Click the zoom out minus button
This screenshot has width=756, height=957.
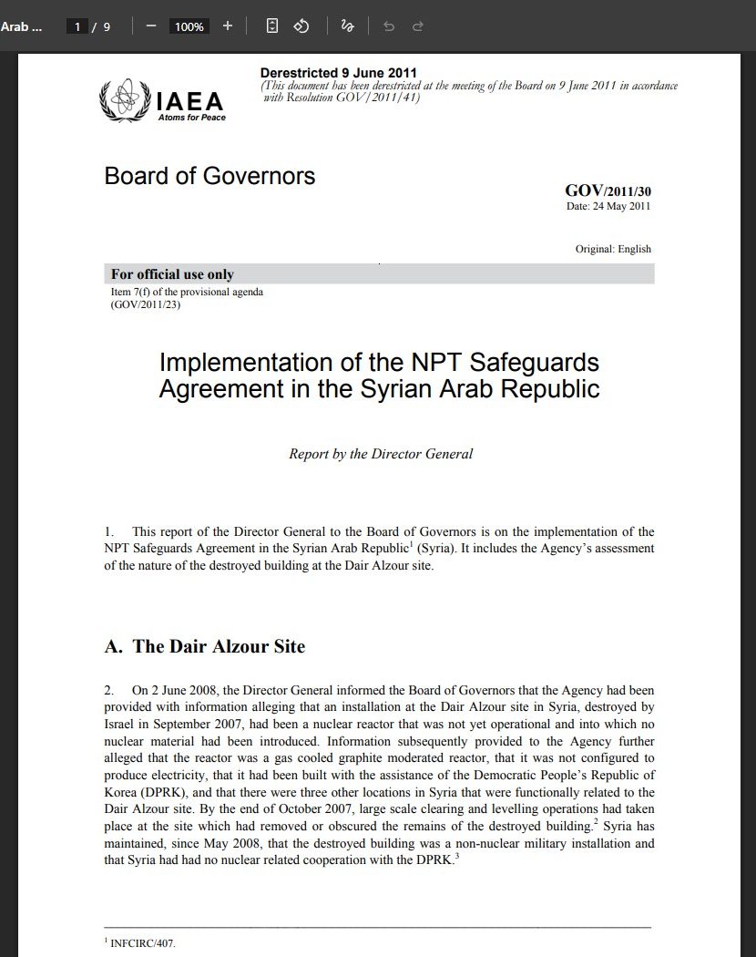point(151,26)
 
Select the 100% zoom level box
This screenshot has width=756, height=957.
point(189,26)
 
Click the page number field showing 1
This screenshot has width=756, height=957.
point(78,26)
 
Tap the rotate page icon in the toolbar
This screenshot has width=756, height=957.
point(301,26)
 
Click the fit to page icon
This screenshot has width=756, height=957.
point(272,26)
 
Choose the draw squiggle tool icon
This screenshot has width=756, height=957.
point(347,26)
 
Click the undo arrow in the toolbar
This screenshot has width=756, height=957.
point(389,26)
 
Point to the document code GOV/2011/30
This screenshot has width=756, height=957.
point(608,190)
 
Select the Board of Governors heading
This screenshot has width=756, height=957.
point(209,176)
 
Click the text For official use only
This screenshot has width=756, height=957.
point(172,274)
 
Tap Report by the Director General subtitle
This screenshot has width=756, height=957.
point(381,454)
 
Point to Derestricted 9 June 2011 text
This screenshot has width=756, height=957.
point(339,73)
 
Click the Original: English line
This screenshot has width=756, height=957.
point(613,249)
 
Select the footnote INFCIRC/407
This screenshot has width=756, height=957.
point(142,943)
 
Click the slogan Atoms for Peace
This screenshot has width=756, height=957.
point(191,118)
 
